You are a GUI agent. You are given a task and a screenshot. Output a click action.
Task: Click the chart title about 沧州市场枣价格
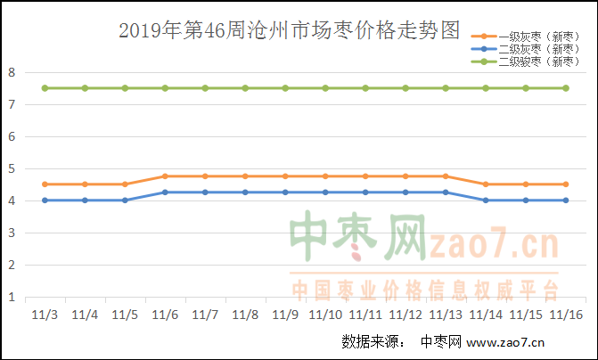point(290,33)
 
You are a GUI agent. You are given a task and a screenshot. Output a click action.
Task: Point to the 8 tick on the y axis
point(12,72)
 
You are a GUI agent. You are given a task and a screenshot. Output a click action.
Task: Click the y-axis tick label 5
point(12,168)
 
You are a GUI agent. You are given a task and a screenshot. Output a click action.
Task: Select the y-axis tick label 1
point(12,297)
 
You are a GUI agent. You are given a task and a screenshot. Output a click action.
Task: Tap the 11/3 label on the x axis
point(45,315)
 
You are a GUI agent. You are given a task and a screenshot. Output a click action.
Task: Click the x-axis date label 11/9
point(285,315)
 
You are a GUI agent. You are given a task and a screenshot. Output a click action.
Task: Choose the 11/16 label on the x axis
point(566,315)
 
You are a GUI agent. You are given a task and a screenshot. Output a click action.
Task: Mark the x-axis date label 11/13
point(446,315)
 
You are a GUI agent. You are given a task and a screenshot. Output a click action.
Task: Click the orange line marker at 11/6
point(165,176)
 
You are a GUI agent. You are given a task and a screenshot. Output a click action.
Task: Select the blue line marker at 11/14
point(486,200)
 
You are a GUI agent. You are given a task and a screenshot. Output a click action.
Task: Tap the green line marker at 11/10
point(325,88)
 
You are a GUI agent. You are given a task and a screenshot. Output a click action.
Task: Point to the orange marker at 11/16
point(566,184)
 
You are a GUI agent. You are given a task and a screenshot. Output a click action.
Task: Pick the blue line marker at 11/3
point(45,200)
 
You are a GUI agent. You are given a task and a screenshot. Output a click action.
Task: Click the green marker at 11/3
point(45,88)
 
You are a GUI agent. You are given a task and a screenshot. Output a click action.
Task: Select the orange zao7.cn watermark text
point(493,243)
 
